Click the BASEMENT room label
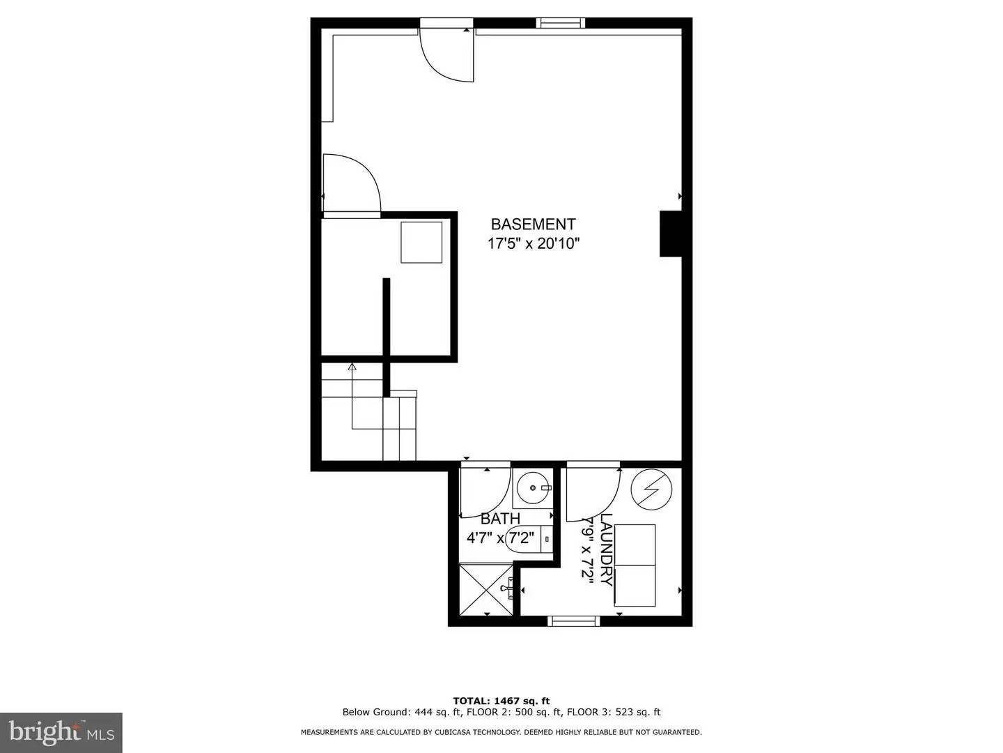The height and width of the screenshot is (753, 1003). pos(533,225)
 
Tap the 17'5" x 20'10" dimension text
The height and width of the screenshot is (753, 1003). pos(533,244)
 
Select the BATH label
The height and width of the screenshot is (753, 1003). pos(500,519)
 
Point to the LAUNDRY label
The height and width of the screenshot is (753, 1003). pos(607,549)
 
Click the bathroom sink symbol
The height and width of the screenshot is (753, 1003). pos(534,488)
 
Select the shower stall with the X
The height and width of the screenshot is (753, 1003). pos(485,589)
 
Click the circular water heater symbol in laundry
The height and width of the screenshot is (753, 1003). pos(651,489)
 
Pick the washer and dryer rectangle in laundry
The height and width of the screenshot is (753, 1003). pos(635,565)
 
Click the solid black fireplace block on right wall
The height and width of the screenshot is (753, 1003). pos(670,234)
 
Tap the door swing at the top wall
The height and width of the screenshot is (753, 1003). pos(447,54)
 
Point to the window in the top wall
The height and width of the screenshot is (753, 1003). pos(560,23)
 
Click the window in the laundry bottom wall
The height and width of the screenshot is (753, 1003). pos(574,621)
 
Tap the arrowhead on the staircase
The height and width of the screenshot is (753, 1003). pos(352,366)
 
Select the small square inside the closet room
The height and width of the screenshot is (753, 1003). pos(421,242)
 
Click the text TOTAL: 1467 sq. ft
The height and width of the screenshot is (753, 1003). pos(501,701)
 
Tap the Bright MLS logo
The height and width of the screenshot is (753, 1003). pos(61,732)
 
